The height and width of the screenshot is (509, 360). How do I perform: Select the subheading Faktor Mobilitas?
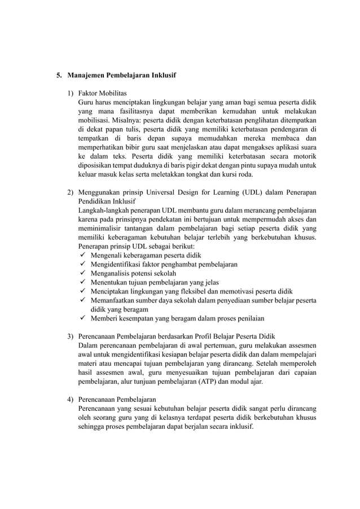click(x=102, y=93)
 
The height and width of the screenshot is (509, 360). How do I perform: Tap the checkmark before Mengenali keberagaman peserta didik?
click(x=82, y=255)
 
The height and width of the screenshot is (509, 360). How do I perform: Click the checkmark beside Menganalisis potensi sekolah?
click(x=82, y=273)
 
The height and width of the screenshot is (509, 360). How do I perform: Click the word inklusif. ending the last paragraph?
click(x=240, y=427)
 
